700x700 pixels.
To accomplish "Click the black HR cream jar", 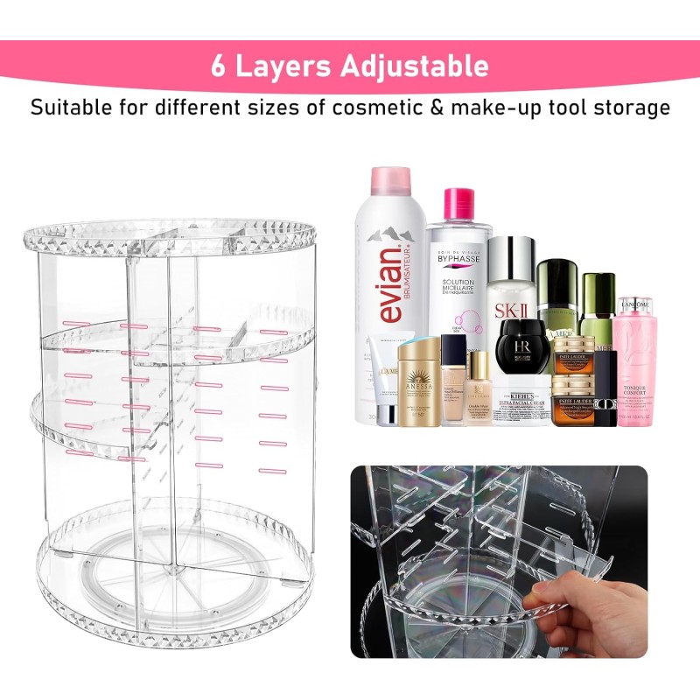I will (x=522, y=346).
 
